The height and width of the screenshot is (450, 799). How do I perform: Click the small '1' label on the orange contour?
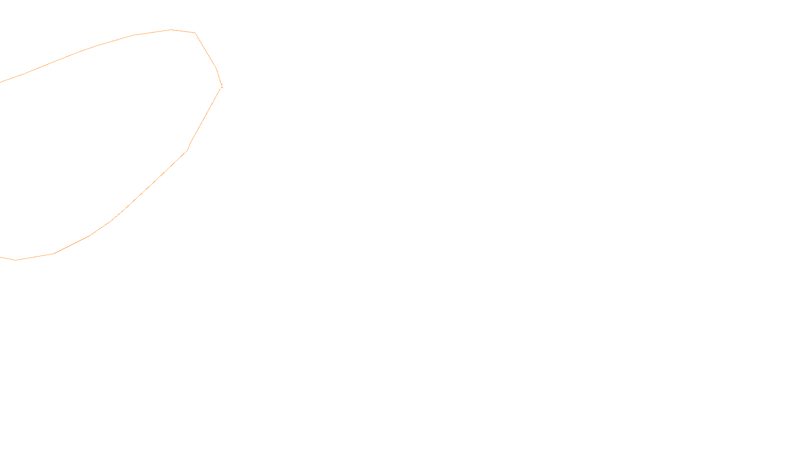[222, 86]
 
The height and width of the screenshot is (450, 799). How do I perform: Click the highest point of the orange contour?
[171, 29]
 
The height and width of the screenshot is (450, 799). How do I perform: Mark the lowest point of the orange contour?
[16, 260]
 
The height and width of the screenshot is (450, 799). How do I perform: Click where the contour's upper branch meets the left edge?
[0, 82]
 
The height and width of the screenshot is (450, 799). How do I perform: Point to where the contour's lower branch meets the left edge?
[0, 257]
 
